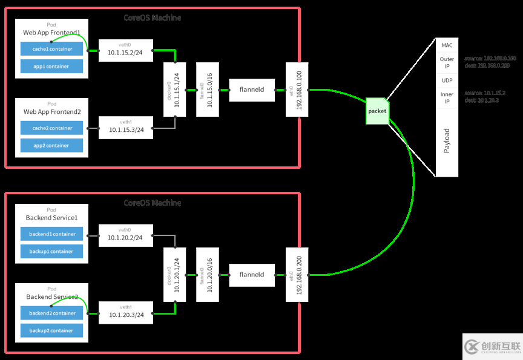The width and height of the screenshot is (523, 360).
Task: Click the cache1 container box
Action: click(x=51, y=49)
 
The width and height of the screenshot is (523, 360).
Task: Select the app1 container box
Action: click(x=51, y=67)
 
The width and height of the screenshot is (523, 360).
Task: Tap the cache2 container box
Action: click(x=51, y=128)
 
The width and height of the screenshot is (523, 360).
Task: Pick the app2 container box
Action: click(x=51, y=146)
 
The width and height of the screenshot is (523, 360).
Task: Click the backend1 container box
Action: click(x=51, y=234)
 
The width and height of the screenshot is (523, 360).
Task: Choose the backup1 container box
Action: click(x=51, y=252)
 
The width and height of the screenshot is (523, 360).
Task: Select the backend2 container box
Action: click(x=51, y=313)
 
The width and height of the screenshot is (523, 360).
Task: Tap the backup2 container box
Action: click(x=51, y=331)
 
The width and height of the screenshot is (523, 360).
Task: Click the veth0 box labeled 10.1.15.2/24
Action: click(x=125, y=51)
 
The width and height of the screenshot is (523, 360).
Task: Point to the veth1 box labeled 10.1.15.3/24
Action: click(x=125, y=127)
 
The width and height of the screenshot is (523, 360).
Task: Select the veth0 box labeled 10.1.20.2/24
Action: click(x=125, y=235)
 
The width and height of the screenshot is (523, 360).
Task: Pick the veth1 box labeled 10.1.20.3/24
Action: click(x=125, y=312)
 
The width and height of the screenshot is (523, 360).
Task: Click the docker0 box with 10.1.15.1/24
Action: click(x=174, y=90)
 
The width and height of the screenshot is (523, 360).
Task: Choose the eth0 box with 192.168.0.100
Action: click(x=297, y=90)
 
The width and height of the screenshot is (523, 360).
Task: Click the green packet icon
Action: click(x=377, y=111)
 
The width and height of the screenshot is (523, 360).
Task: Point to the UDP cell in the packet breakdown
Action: click(x=447, y=80)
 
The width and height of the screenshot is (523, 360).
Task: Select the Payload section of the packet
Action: click(x=447, y=141)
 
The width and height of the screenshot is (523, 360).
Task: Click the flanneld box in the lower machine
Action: click(x=251, y=275)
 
